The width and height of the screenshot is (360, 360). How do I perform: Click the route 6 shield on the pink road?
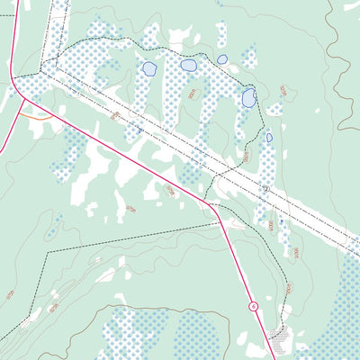tap(255, 307)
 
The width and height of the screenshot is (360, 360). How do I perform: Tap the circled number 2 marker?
tap(265, 189)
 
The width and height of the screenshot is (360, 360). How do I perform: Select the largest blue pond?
tap(248, 97)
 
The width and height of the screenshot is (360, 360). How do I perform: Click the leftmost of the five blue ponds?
tap(148, 68)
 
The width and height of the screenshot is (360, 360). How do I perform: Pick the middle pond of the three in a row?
tap(188, 65)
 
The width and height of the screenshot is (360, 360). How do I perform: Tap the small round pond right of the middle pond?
tap(222, 59)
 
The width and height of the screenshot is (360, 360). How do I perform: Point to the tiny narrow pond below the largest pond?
tap(269, 138)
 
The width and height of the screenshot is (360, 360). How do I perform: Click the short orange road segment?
tap(36, 117)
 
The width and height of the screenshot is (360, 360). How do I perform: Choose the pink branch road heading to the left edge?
tap(6, 117)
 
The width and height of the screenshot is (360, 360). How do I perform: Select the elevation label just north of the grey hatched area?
tap(288, 291)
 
